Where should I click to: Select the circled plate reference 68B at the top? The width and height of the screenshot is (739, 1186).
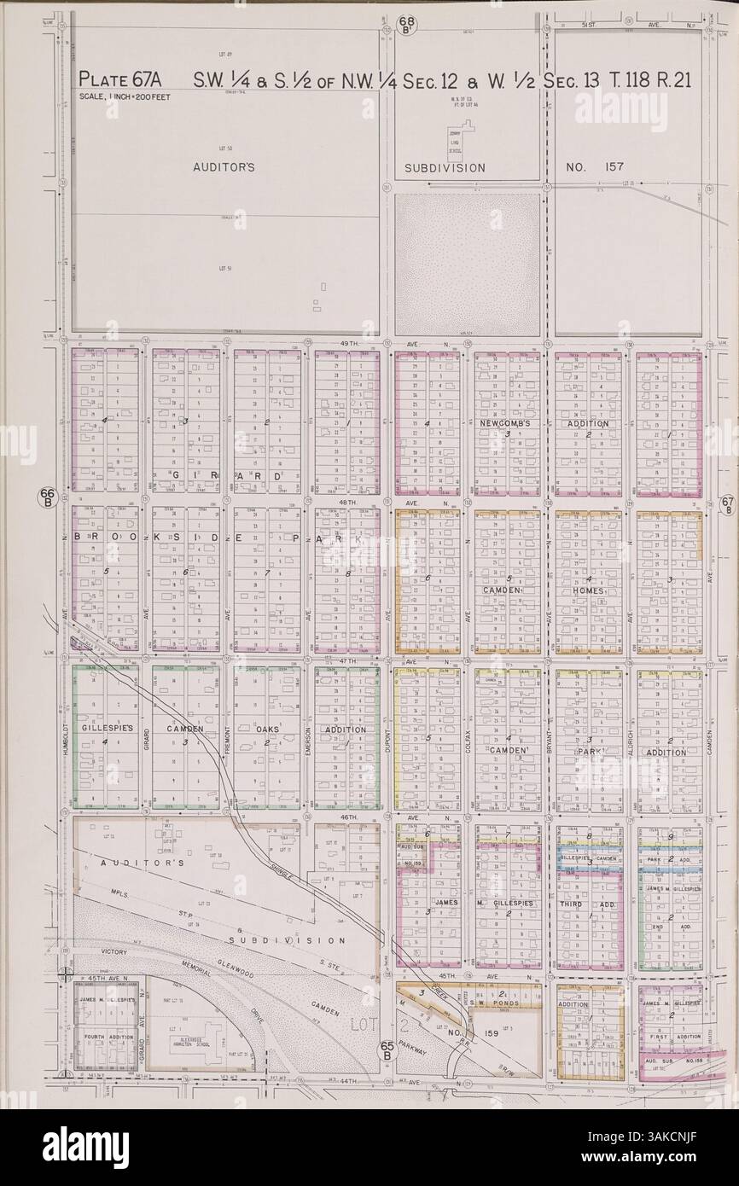(x=405, y=19)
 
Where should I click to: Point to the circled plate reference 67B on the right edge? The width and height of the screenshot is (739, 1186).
(x=726, y=504)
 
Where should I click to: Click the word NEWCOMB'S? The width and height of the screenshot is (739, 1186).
(x=505, y=423)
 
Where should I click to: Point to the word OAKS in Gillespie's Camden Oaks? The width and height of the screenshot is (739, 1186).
(x=266, y=730)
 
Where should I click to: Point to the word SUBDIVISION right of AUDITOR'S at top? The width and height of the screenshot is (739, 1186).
(x=445, y=168)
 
